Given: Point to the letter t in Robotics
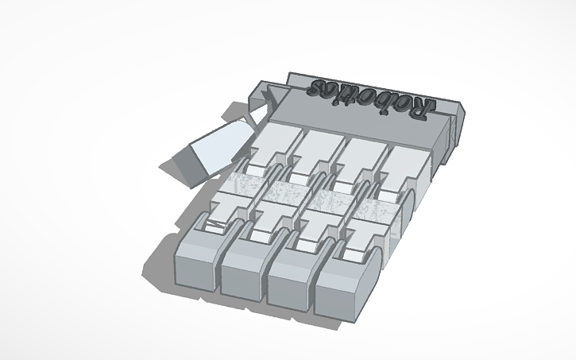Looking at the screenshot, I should tap(352, 94).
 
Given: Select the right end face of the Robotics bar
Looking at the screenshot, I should tap(454, 127).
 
